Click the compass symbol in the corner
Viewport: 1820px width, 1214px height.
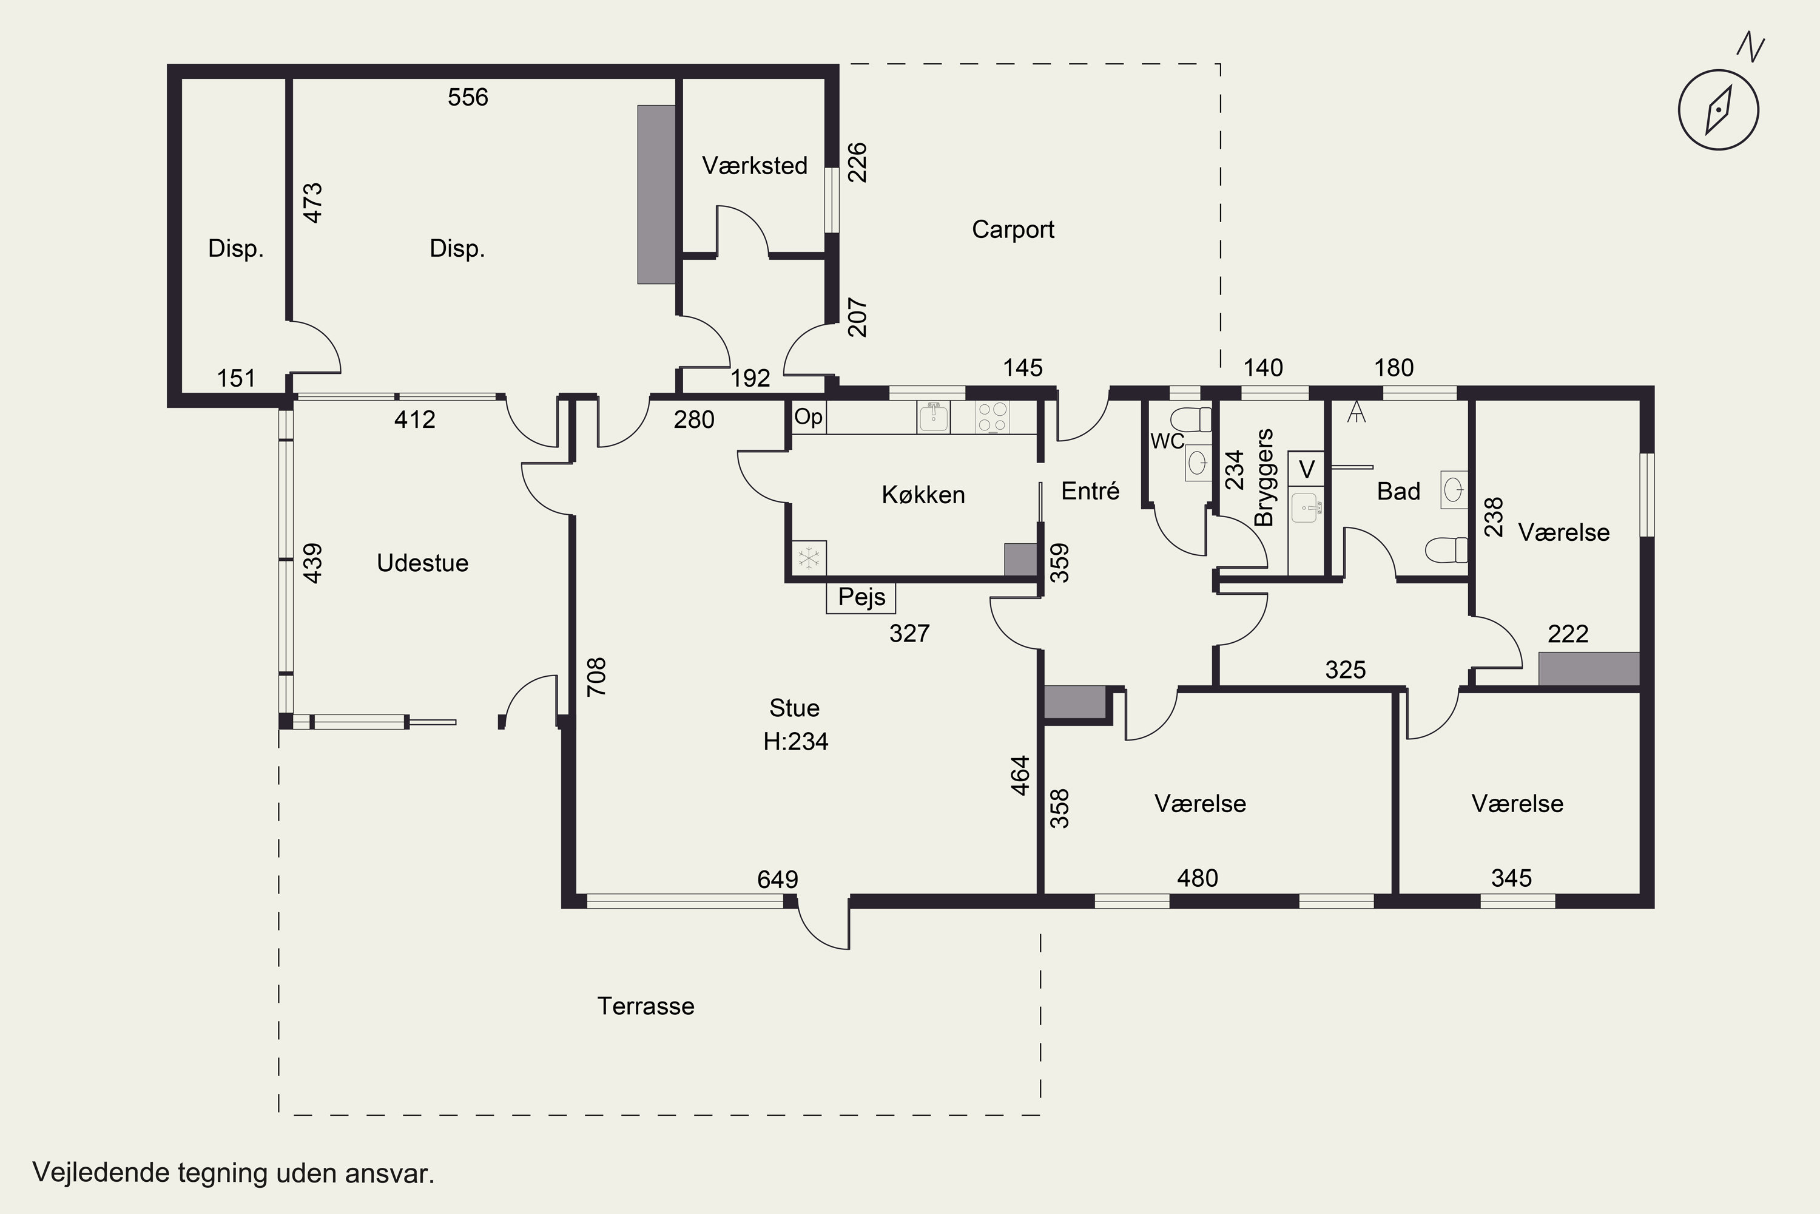(1719, 109)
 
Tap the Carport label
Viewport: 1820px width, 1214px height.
(1013, 230)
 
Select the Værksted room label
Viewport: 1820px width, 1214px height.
(755, 166)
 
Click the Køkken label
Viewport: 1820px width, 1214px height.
(923, 495)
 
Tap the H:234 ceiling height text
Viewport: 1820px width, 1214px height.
(795, 742)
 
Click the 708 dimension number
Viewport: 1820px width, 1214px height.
(596, 677)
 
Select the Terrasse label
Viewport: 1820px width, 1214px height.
(645, 1006)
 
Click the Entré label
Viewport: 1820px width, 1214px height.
(1090, 491)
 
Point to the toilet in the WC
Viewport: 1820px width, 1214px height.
(1191, 419)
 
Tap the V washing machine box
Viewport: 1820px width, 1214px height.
(1306, 469)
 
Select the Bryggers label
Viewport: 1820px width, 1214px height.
(1263, 477)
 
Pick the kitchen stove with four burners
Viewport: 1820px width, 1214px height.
(993, 416)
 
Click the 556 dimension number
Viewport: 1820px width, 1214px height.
(468, 98)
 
